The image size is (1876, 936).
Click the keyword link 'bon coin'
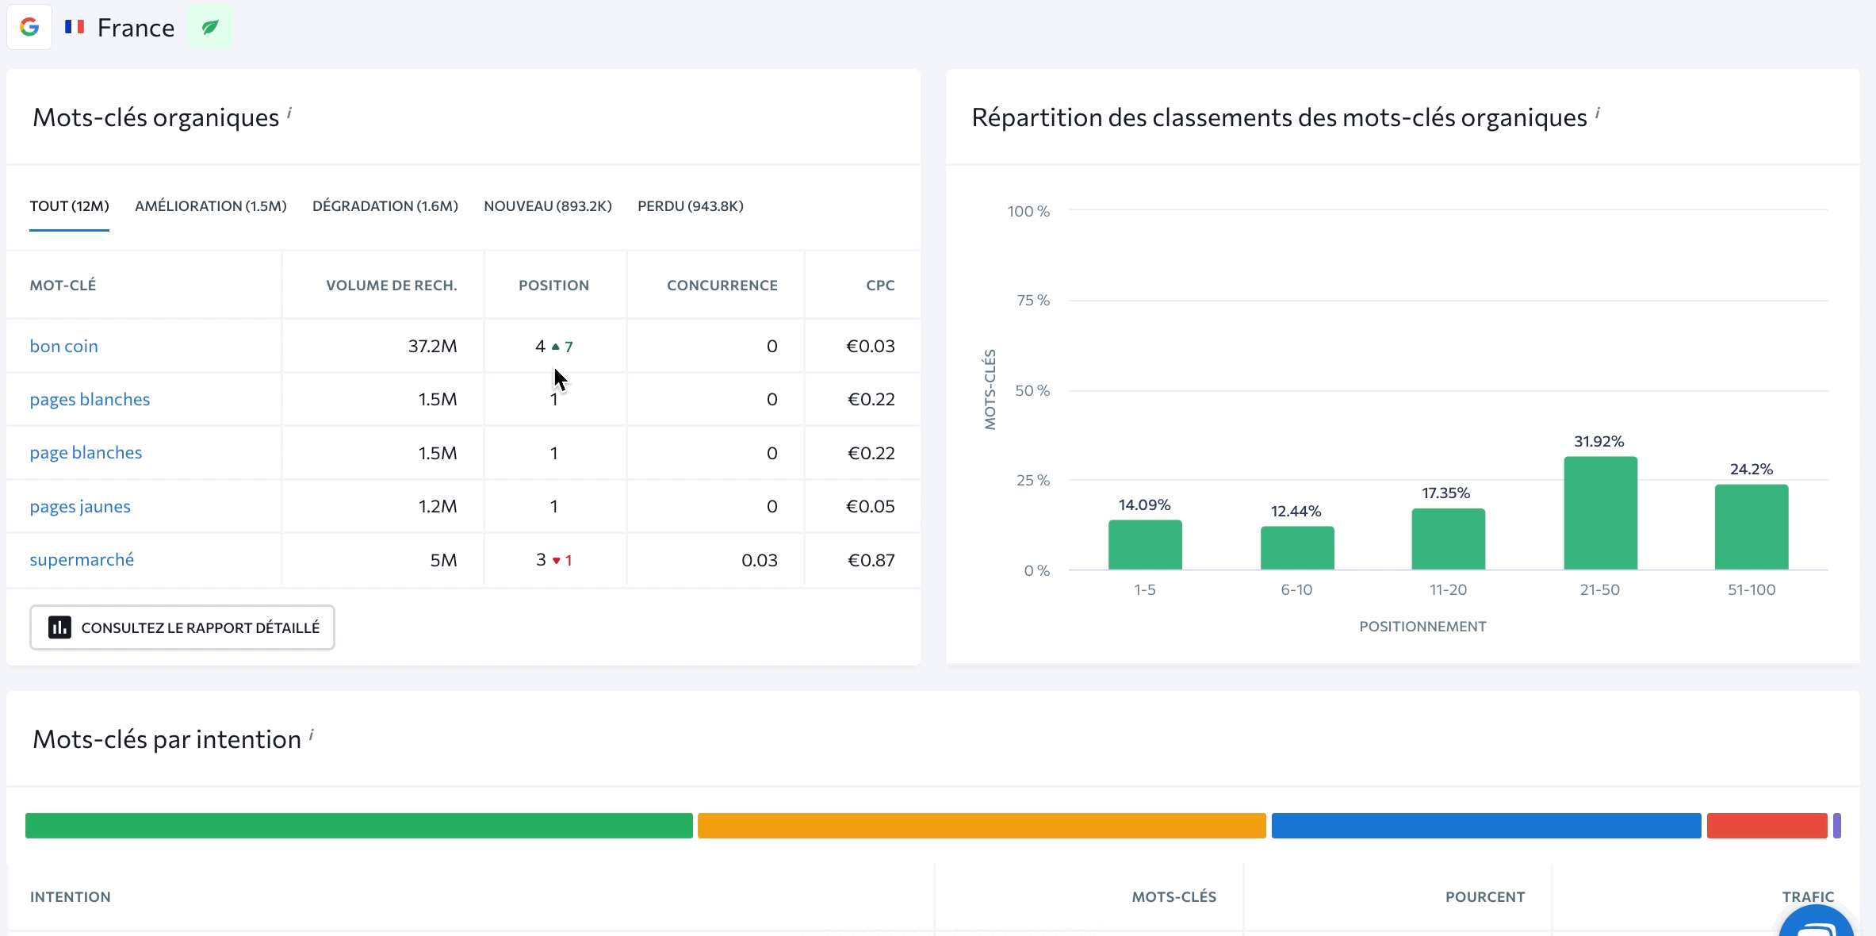(63, 347)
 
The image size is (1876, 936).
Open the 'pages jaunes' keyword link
(80, 507)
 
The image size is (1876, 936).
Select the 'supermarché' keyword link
(82, 560)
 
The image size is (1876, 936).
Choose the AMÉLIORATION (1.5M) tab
(211, 206)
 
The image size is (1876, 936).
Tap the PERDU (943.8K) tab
(690, 206)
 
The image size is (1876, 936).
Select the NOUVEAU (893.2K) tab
(548, 206)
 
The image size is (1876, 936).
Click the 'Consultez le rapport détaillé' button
(182, 627)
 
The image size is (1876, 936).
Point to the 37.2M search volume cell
(432, 347)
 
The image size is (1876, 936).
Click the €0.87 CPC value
(871, 560)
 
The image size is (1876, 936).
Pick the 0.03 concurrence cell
(759, 560)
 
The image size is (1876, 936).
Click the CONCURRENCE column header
(722, 286)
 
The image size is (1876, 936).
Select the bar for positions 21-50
(1600, 513)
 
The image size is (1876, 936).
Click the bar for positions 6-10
(1297, 548)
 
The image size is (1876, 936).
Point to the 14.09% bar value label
(1144, 505)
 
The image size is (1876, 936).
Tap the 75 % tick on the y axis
(1032, 301)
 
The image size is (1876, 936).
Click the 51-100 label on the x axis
(1752, 590)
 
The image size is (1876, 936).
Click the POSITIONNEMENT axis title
(1422, 627)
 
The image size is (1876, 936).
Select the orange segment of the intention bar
(982, 826)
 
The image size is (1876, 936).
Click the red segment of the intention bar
(1767, 826)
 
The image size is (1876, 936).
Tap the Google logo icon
(29, 27)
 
